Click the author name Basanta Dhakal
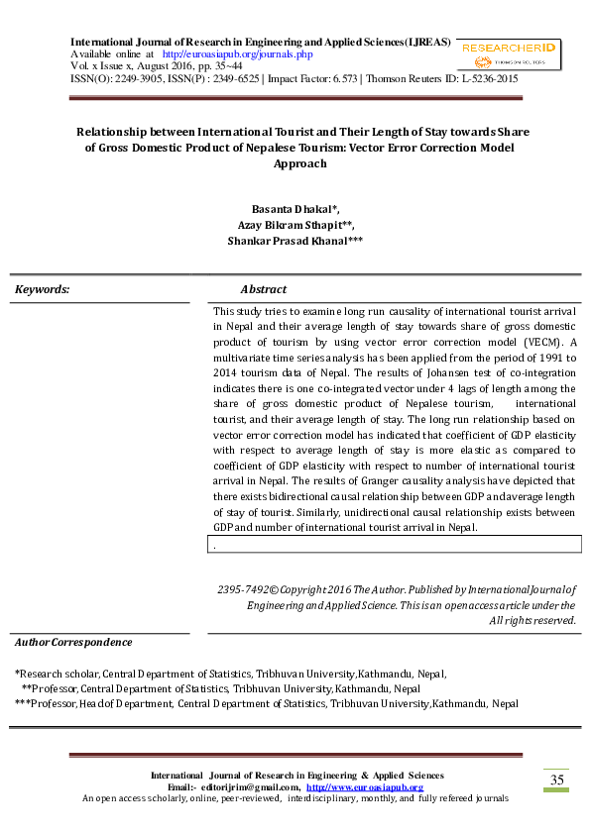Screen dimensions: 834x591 click(x=295, y=209)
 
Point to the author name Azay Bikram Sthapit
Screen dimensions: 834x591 click(x=294, y=225)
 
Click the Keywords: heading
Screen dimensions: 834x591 click(x=43, y=289)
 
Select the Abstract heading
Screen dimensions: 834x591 click(x=263, y=289)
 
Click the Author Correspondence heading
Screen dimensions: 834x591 click(x=73, y=643)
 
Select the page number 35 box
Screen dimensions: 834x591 click(x=557, y=780)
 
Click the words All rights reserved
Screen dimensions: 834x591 click(x=533, y=620)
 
